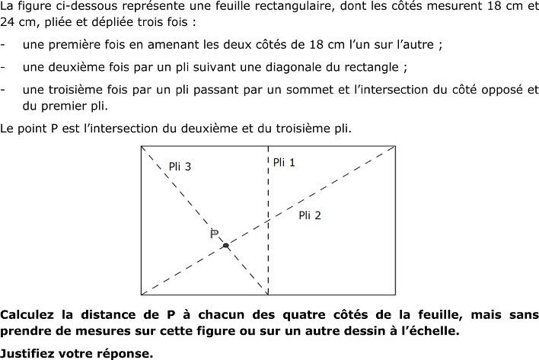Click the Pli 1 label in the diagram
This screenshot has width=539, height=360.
point(284,162)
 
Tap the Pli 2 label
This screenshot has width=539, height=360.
point(310,215)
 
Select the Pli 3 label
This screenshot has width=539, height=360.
point(180,167)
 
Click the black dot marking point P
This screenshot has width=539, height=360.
point(226,245)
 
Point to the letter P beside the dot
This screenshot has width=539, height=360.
point(215,234)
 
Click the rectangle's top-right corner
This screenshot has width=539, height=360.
point(395,146)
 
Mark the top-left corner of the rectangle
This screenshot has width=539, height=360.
point(142,146)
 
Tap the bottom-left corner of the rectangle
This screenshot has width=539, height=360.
point(142,295)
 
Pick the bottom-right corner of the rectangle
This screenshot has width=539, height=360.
point(395,295)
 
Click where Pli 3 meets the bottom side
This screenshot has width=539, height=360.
point(268,295)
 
